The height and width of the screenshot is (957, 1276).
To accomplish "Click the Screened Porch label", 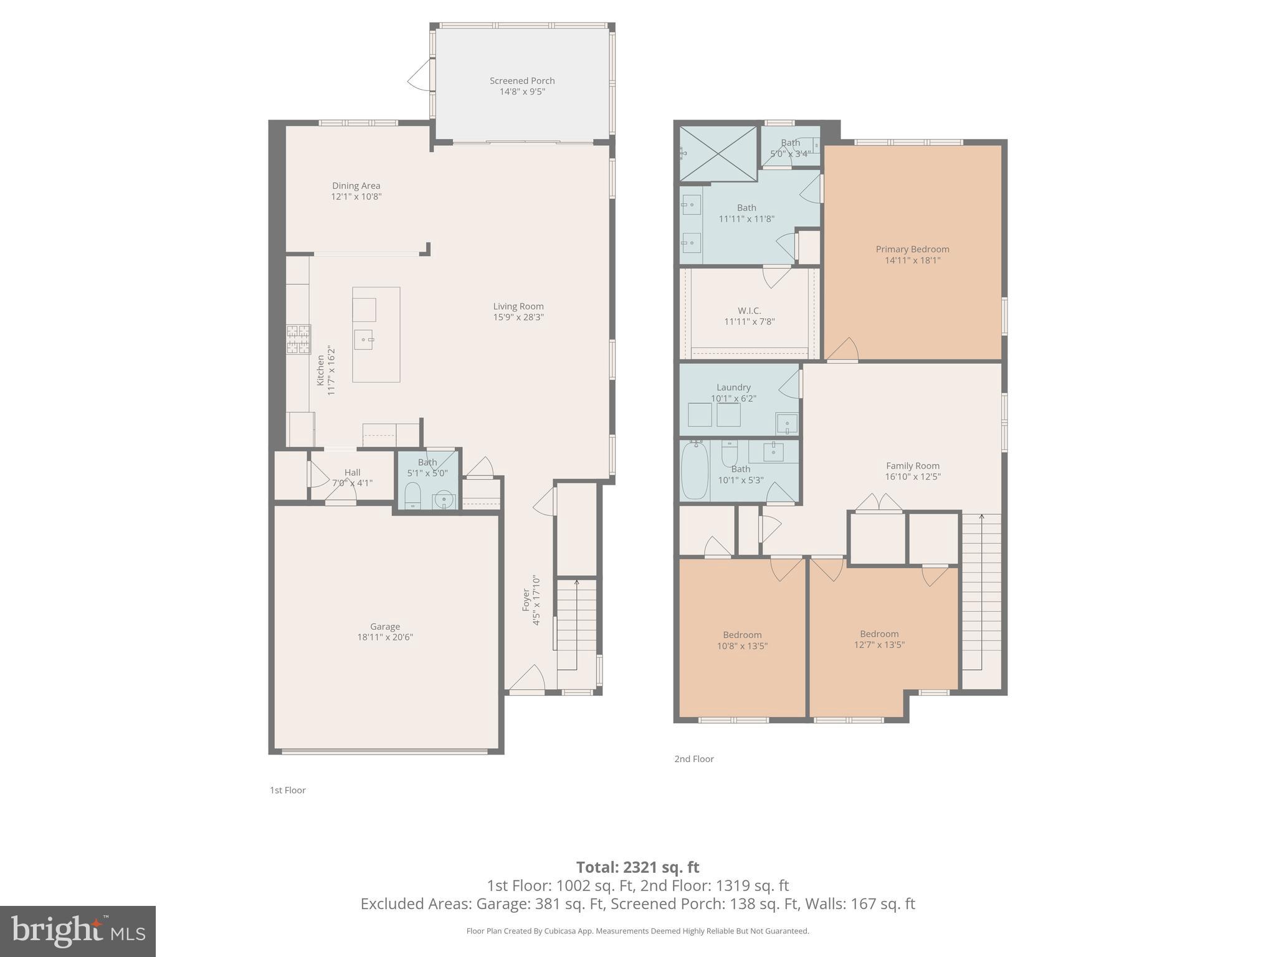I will coord(521,80).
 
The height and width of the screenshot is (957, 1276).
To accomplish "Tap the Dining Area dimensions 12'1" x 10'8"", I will coord(356,197).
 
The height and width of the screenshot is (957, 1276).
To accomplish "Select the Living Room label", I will coord(518,306).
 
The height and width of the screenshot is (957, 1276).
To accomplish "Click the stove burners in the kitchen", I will coord(298,340).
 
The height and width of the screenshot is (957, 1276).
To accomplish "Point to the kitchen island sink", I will coord(363,340).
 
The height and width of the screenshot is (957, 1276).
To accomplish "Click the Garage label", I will coord(384,626).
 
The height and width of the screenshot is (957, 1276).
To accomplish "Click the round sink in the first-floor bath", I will coord(443,500).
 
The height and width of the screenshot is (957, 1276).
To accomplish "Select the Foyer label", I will coord(525,600).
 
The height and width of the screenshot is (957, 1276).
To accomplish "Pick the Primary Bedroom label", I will coord(912,249).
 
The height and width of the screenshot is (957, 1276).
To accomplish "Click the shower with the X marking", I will coord(717,153).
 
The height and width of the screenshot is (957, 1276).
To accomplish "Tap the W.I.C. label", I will coord(749,310).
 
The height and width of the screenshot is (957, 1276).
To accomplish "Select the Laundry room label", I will coord(733,387).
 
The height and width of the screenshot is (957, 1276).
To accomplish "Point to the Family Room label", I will coord(912,465).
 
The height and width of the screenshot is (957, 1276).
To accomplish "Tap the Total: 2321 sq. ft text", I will coord(637,867).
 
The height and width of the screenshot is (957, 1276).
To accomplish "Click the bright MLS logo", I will coord(77,931).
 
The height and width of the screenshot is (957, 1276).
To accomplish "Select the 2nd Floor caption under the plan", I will coord(693,759).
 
